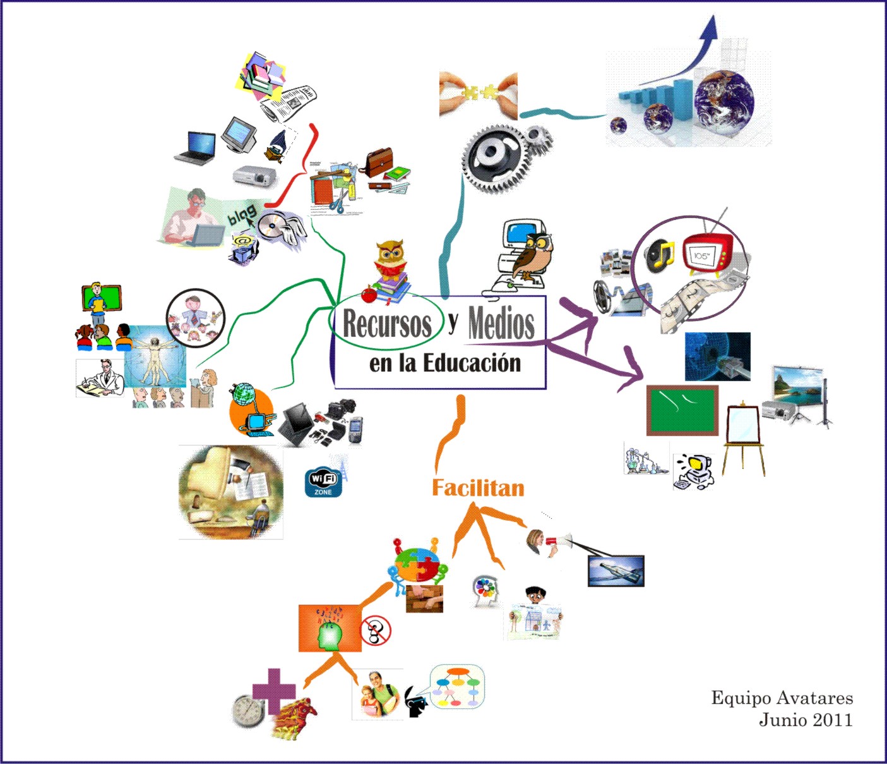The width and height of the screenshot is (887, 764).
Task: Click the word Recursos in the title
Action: pyautogui.click(x=386, y=323)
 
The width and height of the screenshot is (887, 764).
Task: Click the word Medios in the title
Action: pyautogui.click(x=501, y=323)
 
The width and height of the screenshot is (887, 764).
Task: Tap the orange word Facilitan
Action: pyautogui.click(x=478, y=488)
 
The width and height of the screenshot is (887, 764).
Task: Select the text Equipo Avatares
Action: pyautogui.click(x=782, y=698)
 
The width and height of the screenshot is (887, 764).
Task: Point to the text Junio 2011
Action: pyautogui.click(x=806, y=720)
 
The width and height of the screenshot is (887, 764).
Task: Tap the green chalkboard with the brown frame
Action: pyautogui.click(x=682, y=409)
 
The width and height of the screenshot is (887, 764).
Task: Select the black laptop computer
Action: pyautogui.click(x=196, y=148)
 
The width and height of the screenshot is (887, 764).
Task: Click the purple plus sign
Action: pyautogui.click(x=273, y=691)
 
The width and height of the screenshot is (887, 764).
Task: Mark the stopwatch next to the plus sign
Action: pyautogui.click(x=247, y=710)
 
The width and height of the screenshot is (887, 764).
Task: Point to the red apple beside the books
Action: pyautogui.click(x=369, y=294)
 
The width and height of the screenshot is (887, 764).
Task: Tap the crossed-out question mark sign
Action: pyautogui.click(x=376, y=631)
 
